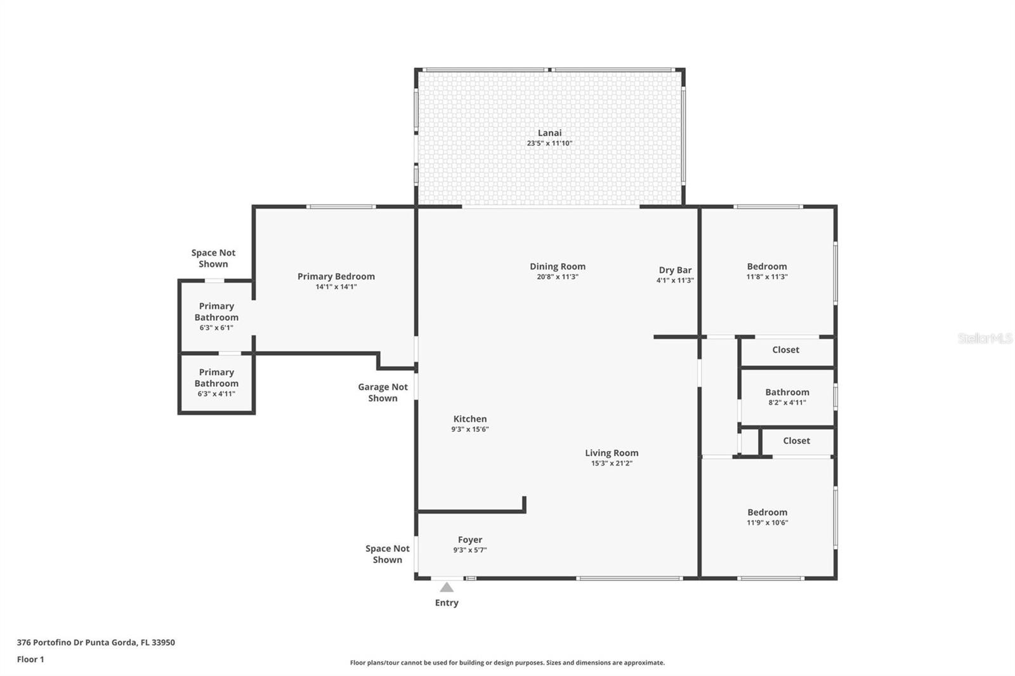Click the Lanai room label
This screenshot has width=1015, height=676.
tap(549, 133)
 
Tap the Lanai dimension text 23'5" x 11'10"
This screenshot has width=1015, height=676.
tap(549, 143)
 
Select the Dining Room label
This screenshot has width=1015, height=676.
tap(558, 266)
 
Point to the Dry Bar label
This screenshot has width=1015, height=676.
tap(675, 270)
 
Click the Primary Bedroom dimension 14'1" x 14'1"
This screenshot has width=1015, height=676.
tap(336, 287)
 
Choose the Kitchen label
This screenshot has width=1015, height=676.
tap(470, 419)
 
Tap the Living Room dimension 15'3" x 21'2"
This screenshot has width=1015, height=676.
tap(612, 463)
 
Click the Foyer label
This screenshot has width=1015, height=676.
tap(470, 540)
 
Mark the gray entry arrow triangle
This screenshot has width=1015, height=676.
tap(447, 587)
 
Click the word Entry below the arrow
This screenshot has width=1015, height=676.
tap(447, 602)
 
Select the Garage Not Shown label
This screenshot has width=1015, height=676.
tap(383, 393)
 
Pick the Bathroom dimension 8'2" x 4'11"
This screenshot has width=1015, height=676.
tap(787, 402)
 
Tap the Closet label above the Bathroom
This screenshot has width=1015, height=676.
tap(786, 350)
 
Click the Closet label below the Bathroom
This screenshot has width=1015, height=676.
tap(797, 441)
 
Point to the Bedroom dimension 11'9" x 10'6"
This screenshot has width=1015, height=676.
tap(767, 523)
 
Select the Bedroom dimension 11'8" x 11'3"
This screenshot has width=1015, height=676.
tap(767, 277)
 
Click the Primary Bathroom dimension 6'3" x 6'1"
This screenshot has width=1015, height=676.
tap(216, 328)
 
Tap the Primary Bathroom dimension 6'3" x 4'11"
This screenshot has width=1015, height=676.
tap(216, 394)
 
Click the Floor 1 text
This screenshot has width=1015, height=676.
tap(30, 660)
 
